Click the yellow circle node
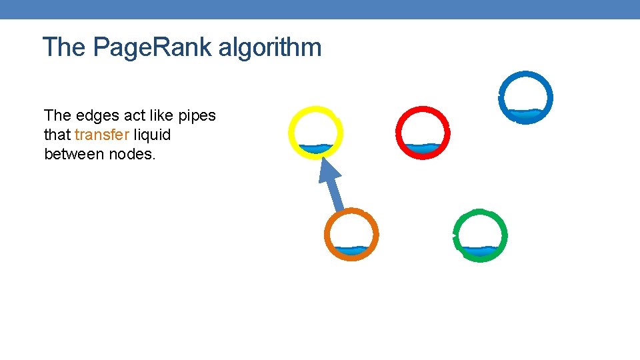[316, 133]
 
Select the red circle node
[423, 132]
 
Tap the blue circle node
[525, 97]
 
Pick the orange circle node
[351, 235]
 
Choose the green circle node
[480, 235]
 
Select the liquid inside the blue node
[525, 114]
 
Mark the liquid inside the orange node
[351, 251]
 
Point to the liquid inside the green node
[480, 251]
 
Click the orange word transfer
[102, 135]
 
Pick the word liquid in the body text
[153, 135]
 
